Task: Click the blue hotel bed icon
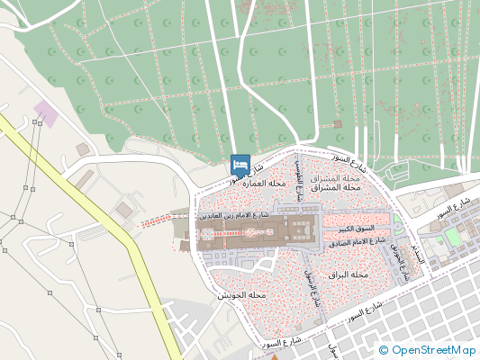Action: pos(240,165)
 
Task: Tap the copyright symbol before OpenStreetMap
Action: pos(384,350)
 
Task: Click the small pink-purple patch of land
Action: pos(45,113)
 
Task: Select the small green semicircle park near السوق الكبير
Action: pos(397,225)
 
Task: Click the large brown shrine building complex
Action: pos(258,233)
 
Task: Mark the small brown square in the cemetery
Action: pos(338,123)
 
